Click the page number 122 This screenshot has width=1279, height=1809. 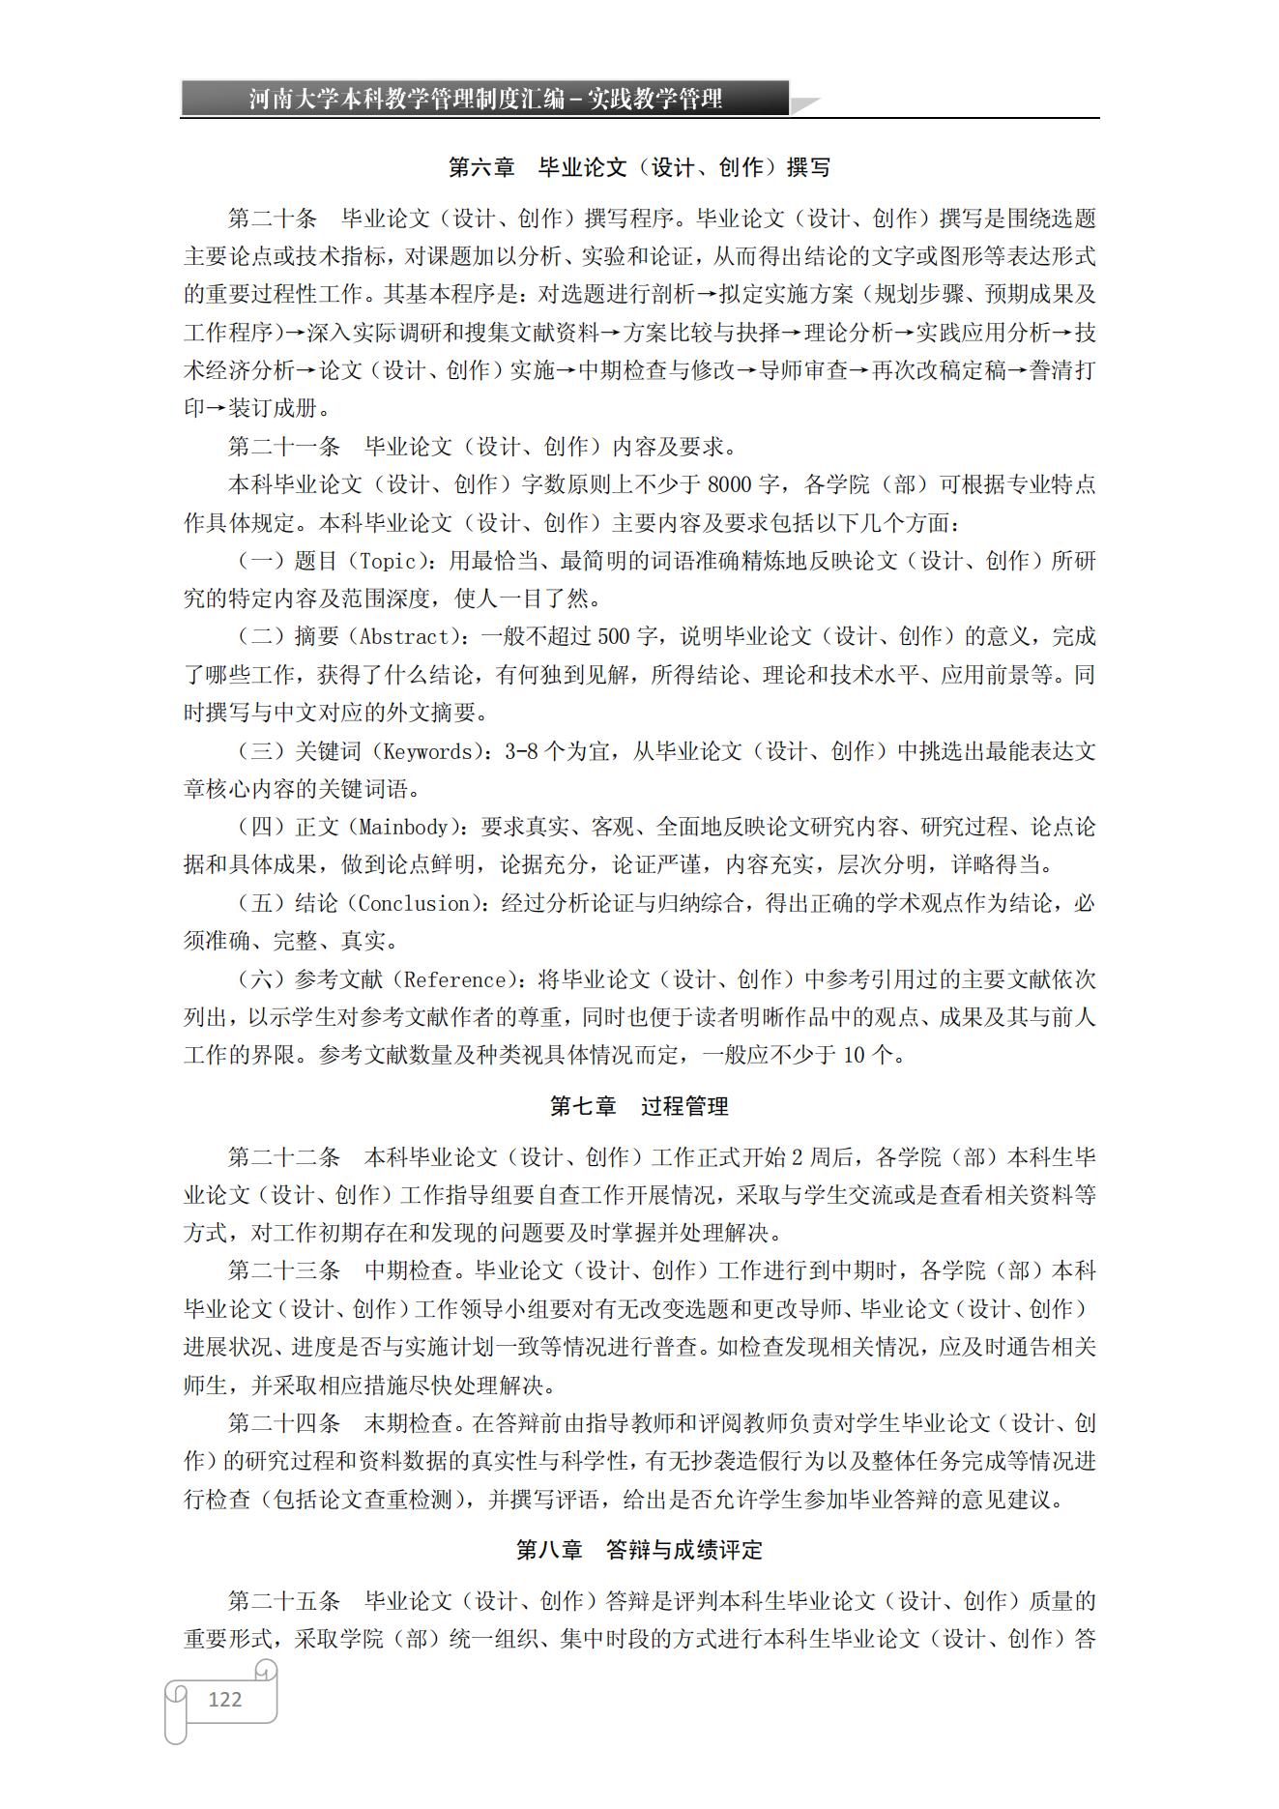(x=224, y=1699)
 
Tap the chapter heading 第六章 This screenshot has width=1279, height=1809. (x=481, y=167)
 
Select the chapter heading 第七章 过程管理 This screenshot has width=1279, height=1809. (x=638, y=1106)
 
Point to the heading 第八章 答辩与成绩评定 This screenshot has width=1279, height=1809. (x=638, y=1550)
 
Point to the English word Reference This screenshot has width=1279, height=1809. (x=454, y=979)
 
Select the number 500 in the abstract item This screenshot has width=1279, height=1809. (x=613, y=637)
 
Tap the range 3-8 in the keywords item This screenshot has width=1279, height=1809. (x=521, y=751)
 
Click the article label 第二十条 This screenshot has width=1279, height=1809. (x=273, y=219)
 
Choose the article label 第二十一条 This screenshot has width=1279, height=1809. (x=284, y=447)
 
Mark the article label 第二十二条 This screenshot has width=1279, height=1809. (x=284, y=1157)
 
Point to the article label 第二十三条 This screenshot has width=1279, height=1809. (x=284, y=1271)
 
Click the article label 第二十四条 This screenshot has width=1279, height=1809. (x=284, y=1423)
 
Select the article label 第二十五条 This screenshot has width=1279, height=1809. (x=284, y=1601)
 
